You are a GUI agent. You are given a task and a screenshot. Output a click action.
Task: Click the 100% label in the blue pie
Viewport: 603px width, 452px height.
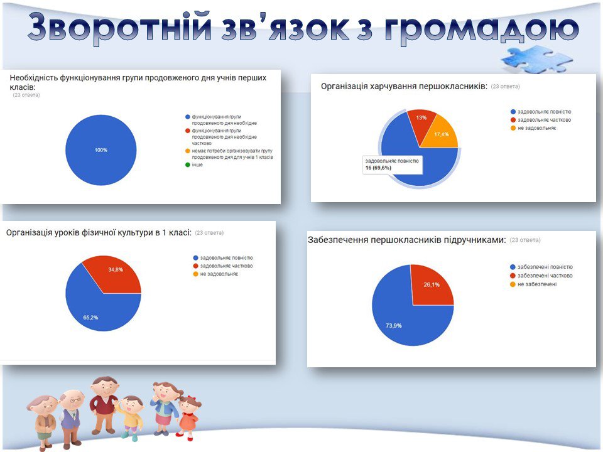point(100,150)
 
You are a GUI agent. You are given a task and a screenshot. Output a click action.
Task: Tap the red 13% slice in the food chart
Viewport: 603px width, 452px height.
point(421,122)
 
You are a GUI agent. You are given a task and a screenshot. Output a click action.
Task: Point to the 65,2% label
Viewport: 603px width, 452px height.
point(90,318)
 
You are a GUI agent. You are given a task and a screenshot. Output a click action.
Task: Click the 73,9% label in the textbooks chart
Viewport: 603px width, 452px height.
point(394,326)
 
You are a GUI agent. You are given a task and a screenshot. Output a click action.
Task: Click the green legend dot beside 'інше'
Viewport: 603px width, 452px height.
point(188,165)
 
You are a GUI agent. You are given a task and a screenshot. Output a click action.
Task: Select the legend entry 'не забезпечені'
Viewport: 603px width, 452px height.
point(533,284)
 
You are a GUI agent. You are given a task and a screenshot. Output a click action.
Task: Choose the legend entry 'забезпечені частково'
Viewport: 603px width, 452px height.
point(541,276)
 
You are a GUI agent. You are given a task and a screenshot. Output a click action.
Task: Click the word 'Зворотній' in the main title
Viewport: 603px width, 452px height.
point(119,26)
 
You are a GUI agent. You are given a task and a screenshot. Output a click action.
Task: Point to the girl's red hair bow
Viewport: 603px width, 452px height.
point(192,400)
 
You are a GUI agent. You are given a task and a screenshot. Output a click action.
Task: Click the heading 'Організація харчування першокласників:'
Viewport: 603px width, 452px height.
point(404,86)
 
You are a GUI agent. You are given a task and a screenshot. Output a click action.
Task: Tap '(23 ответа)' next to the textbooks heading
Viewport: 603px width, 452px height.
point(525,240)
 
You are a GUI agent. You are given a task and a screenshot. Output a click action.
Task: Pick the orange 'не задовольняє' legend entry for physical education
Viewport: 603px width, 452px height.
point(215,274)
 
